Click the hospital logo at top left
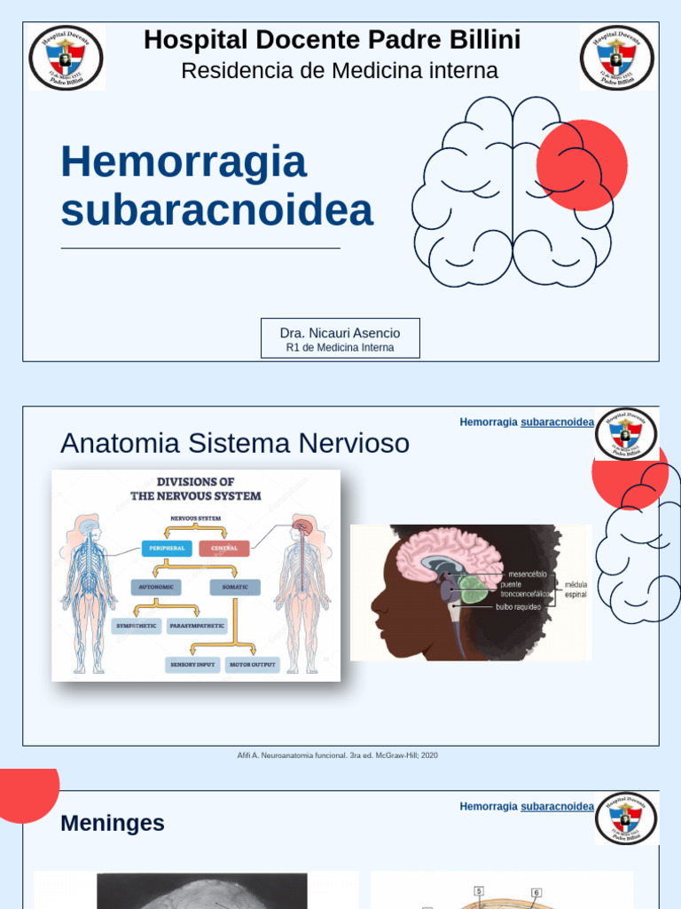pos(66,58)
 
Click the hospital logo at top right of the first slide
pos(618,58)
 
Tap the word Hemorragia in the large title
pos(184,162)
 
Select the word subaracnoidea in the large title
pos(217,210)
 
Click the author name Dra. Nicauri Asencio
pos(340,333)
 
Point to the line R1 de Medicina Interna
pos(340,348)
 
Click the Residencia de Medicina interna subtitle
pos(340,71)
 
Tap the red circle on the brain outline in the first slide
pos(582,164)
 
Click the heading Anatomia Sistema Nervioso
pos(235,443)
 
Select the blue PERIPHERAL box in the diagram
pos(167,549)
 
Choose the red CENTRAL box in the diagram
pos(224,549)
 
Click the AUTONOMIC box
pos(156,587)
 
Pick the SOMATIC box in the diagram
pos(235,587)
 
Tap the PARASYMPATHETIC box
pos(197,626)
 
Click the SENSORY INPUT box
pos(192,664)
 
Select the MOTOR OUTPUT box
pos(253,664)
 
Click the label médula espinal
pos(575,589)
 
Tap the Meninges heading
pos(113,824)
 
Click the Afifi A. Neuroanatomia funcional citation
pos(338,755)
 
